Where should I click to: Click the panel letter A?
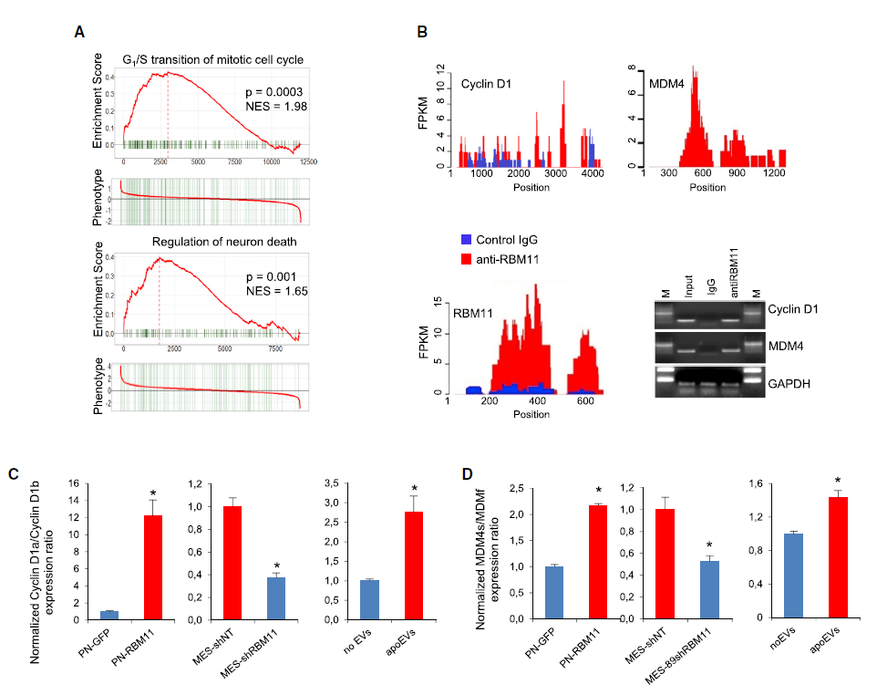coord(79,31)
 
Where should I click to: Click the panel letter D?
coord(468,473)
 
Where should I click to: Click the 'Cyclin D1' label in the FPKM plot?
coord(485,84)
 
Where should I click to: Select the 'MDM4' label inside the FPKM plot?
coord(666,84)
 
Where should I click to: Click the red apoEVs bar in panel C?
coord(415,565)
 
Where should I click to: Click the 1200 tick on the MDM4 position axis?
coord(774,173)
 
